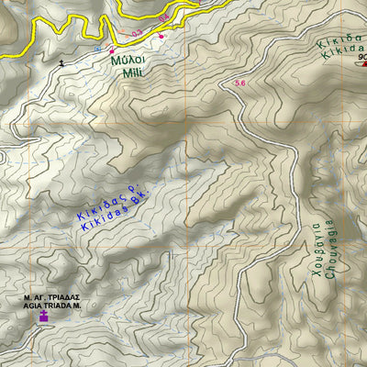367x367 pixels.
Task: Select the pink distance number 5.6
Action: click(241, 83)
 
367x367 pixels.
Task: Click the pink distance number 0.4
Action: click(163, 18)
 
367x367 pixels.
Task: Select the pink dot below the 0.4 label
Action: click(161, 36)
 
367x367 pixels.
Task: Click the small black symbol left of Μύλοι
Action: click(62, 62)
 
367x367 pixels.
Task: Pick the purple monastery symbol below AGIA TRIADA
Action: click(42, 317)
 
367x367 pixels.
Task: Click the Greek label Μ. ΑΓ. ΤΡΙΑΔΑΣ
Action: click(51, 297)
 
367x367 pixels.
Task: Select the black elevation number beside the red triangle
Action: click(361, 56)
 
